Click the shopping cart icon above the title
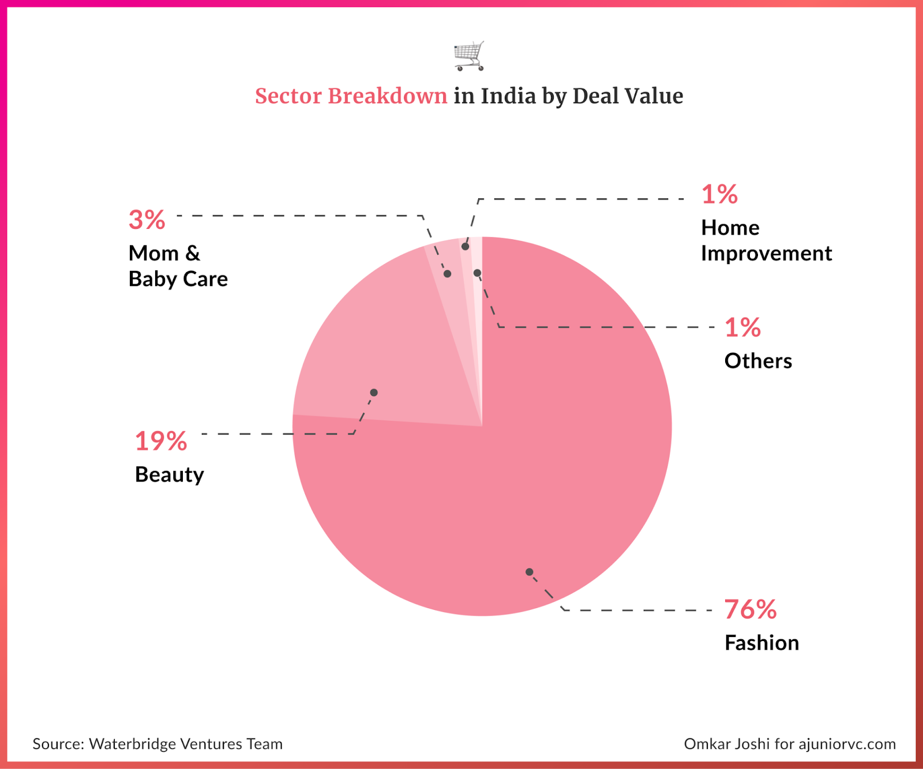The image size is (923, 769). pyautogui.click(x=469, y=56)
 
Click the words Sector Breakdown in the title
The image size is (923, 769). pyautogui.click(x=351, y=96)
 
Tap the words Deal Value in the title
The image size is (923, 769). pyautogui.click(x=628, y=96)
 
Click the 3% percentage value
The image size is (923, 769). pyautogui.click(x=147, y=220)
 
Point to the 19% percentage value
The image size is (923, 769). pyautogui.click(x=160, y=441)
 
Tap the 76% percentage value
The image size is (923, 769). pyautogui.click(x=750, y=609)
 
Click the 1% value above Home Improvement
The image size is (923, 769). pyautogui.click(x=719, y=194)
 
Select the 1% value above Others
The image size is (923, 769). pyautogui.click(x=742, y=327)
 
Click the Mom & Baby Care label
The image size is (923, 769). pyautogui.click(x=178, y=266)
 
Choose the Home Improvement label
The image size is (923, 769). pyautogui.click(x=766, y=240)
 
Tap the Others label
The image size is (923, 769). pyautogui.click(x=758, y=361)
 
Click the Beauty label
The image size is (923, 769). pyautogui.click(x=169, y=474)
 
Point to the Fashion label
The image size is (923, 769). pyautogui.click(x=761, y=643)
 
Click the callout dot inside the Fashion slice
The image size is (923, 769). pyautogui.click(x=529, y=572)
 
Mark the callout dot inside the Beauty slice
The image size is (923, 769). pyautogui.click(x=374, y=393)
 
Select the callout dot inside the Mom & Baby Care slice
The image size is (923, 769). pyautogui.click(x=447, y=274)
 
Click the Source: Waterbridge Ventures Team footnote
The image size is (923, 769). pyautogui.click(x=157, y=744)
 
